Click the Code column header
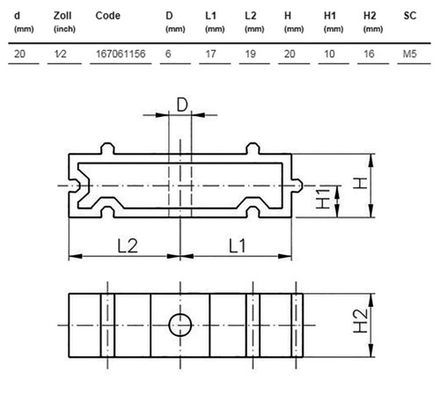click(107, 16)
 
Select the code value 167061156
click(121, 54)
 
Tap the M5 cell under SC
click(410, 54)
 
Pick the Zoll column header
click(62, 16)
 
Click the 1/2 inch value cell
click(60, 54)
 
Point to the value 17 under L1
click(210, 54)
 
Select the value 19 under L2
click(250, 54)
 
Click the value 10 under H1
click(329, 54)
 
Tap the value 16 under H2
click(369, 54)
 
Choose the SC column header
click(410, 16)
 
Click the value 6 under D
click(168, 54)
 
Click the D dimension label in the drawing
click(182, 105)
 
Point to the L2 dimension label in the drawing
click(128, 245)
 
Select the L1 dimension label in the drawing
click(237, 245)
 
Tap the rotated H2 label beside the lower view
click(361, 321)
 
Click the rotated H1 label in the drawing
click(323, 199)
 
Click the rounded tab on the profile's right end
click(297, 186)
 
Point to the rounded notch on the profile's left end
click(74, 186)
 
